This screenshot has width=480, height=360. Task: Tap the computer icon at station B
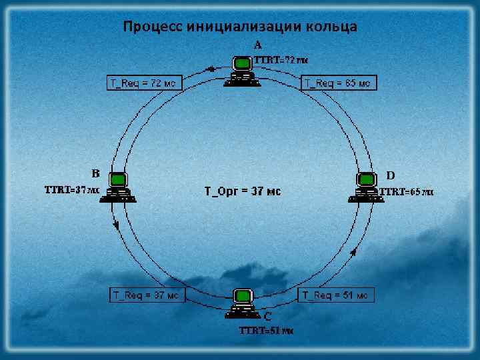tap(119, 187)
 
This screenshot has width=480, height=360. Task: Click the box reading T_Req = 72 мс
tap(143, 83)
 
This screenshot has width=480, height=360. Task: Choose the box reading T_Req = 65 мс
tap(339, 83)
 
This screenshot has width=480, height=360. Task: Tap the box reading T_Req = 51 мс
tap(335, 295)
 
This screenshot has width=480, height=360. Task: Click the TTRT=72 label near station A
tap(281, 59)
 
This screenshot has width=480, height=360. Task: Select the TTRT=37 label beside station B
tap(72, 190)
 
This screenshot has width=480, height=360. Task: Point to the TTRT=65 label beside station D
tap(407, 192)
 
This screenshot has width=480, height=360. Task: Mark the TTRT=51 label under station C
tap(267, 331)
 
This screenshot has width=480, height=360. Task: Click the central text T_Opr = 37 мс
tap(242, 192)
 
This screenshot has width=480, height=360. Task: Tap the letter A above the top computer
tap(258, 45)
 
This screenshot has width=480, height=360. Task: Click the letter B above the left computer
tap(96, 173)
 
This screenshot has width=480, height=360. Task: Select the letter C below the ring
tap(267, 316)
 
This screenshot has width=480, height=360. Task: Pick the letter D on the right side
tap(391, 175)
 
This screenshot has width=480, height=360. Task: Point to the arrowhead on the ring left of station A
tap(211, 68)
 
